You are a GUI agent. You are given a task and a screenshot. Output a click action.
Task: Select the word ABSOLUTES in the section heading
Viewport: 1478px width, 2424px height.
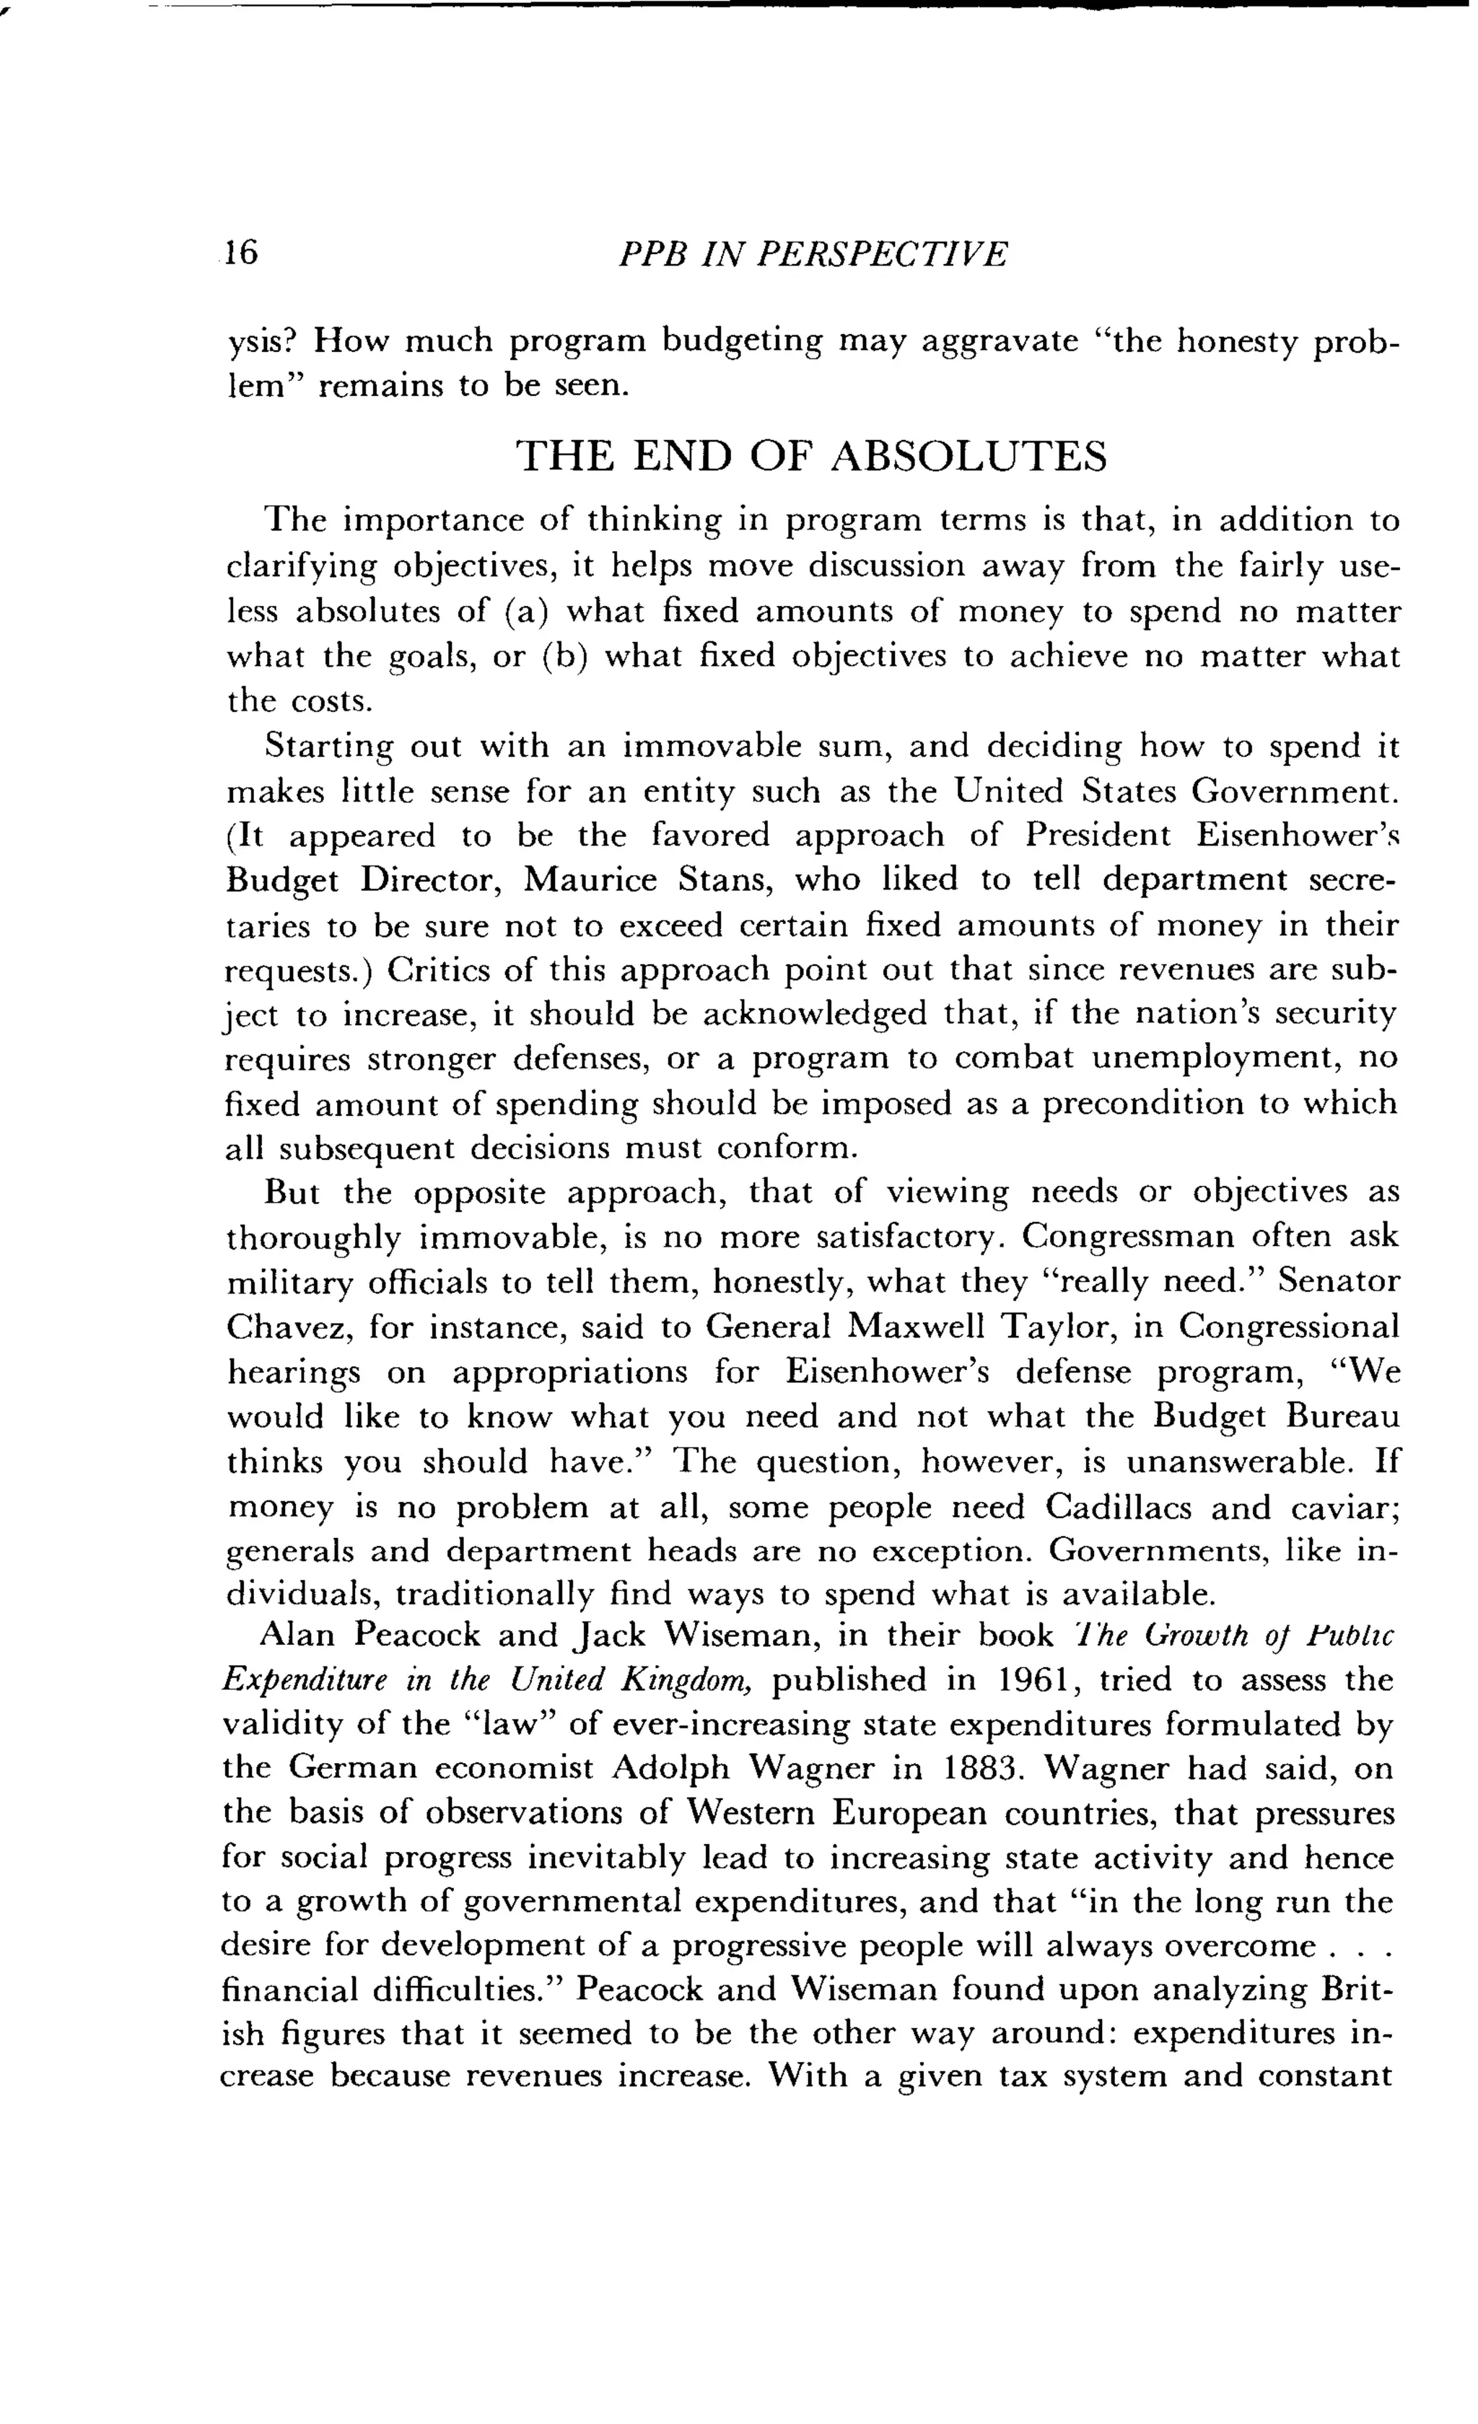(969, 457)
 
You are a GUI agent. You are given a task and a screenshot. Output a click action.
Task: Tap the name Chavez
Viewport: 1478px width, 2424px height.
(287, 1327)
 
